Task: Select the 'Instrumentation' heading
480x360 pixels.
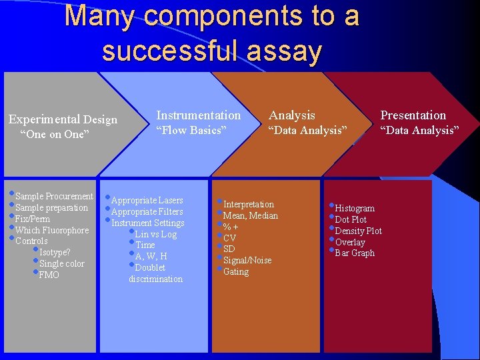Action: click(198, 115)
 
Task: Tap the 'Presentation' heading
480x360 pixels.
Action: click(413, 115)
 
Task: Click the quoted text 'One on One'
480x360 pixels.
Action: click(55, 135)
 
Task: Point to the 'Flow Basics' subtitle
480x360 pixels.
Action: click(191, 131)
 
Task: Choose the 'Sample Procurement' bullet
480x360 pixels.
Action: click(54, 196)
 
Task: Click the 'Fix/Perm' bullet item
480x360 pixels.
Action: click(33, 219)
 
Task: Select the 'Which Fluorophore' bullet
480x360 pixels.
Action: click(51, 230)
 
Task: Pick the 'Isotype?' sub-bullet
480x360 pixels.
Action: click(55, 252)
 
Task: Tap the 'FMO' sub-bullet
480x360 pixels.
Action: click(49, 275)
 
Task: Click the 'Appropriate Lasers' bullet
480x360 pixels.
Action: click(147, 200)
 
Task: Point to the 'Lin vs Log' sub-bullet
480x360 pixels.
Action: click(155, 234)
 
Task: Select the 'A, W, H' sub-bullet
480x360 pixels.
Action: click(151, 256)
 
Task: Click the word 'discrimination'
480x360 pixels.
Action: click(155, 279)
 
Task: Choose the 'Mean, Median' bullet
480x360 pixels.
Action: click(250, 215)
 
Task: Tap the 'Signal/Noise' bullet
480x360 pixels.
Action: click(247, 260)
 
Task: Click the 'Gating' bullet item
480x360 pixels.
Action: click(235, 271)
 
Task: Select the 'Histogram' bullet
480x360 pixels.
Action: click(354, 208)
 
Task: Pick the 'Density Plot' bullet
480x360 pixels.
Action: click(358, 231)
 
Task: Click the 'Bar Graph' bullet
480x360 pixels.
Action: click(354, 253)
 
